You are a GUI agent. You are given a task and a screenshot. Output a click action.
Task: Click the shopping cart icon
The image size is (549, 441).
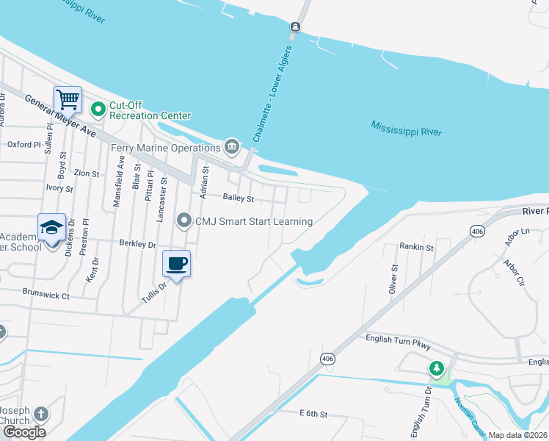[68, 98]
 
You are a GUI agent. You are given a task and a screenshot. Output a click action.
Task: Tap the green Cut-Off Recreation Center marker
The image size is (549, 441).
[99, 110]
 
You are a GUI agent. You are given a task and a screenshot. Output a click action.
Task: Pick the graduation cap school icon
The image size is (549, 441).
[52, 227]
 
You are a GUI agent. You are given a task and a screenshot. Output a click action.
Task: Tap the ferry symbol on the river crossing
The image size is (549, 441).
[295, 27]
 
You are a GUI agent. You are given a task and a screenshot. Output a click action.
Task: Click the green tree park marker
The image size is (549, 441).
[437, 367]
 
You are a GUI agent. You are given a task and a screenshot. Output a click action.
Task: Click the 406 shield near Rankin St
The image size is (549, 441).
[477, 231]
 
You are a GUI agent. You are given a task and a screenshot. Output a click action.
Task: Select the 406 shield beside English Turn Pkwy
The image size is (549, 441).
[327, 358]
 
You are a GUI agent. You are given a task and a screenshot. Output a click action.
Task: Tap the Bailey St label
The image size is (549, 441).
[239, 198]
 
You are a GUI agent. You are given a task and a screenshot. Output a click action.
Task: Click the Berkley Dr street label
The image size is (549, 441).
[137, 244]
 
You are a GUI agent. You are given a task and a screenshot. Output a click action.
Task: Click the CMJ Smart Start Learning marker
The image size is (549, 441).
[184, 220]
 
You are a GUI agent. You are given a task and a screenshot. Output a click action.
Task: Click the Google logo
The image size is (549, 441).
[23, 431]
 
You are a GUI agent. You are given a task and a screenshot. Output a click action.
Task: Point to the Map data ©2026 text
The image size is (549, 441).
[518, 435]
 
